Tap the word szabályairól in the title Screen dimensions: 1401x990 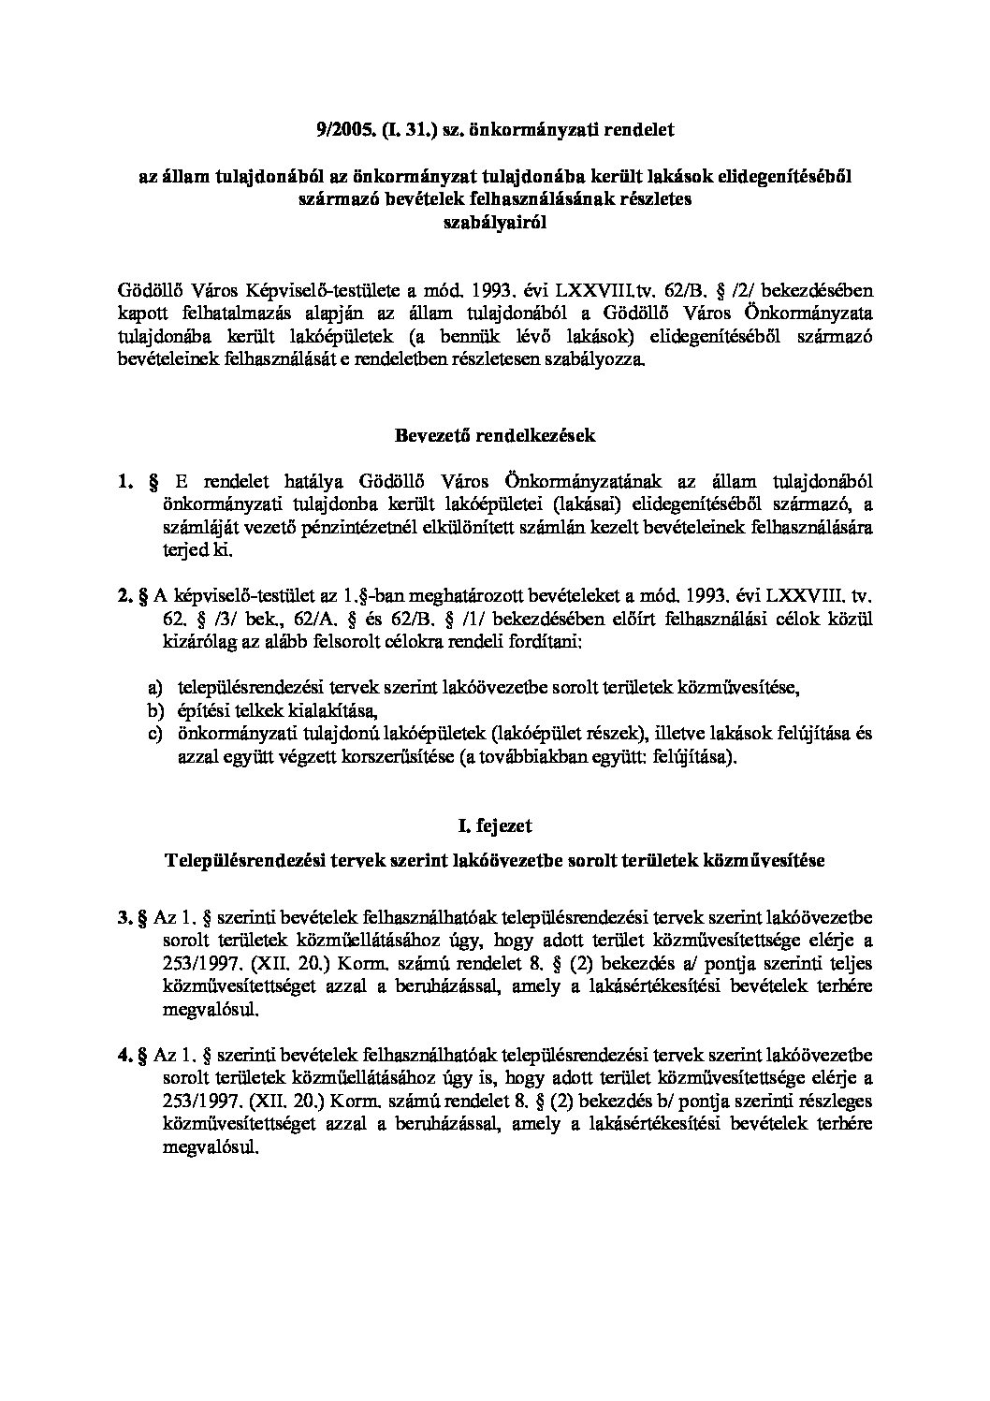495,223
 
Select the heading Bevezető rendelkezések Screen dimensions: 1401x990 495,435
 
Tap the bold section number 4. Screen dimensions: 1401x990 124,1055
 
